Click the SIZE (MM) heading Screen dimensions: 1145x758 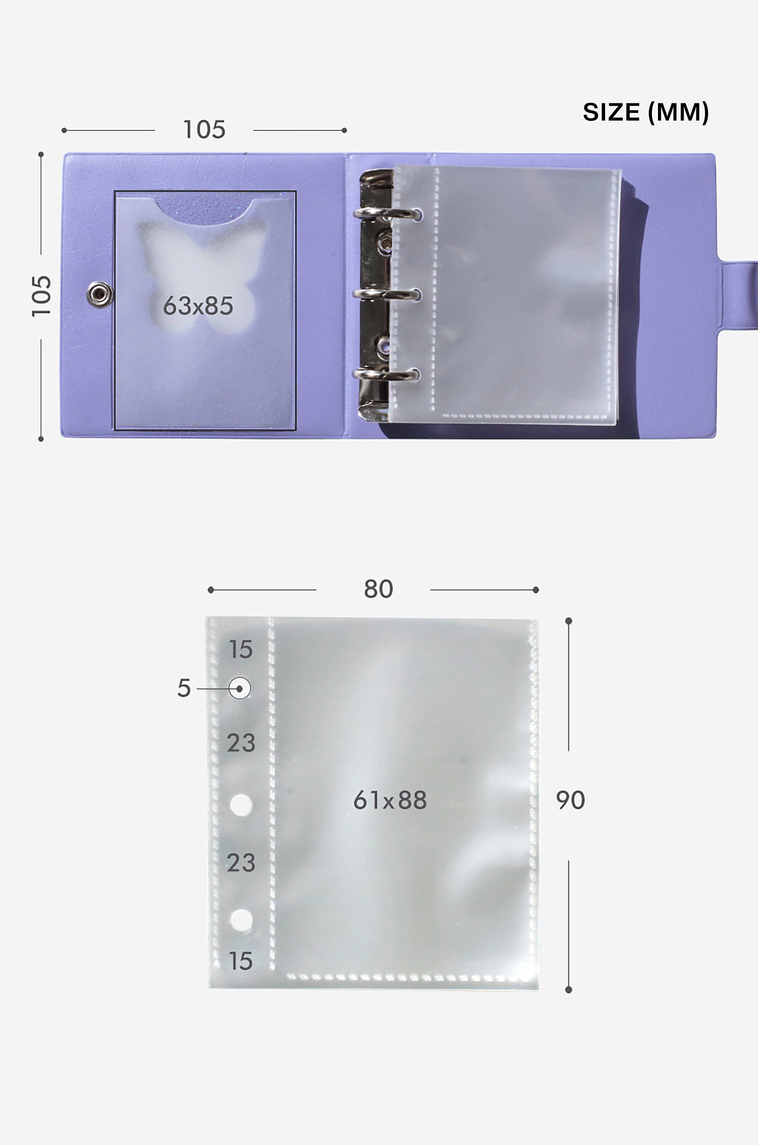(x=645, y=112)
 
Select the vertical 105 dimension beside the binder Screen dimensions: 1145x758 (x=41, y=296)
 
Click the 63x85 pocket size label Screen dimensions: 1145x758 (x=198, y=306)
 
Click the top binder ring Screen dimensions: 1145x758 (x=387, y=213)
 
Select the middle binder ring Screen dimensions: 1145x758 (x=387, y=294)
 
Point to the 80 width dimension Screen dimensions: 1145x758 (x=378, y=589)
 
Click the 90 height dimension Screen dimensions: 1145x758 (x=570, y=800)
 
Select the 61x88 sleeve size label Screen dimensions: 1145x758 (x=390, y=800)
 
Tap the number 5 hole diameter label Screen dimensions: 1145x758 (x=184, y=688)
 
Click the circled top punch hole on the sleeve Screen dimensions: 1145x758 (x=240, y=688)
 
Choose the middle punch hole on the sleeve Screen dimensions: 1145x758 (x=241, y=805)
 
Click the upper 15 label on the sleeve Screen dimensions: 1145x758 (x=240, y=649)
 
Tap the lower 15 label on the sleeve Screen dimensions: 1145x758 (x=240, y=961)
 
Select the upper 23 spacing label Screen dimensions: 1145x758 (x=241, y=743)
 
